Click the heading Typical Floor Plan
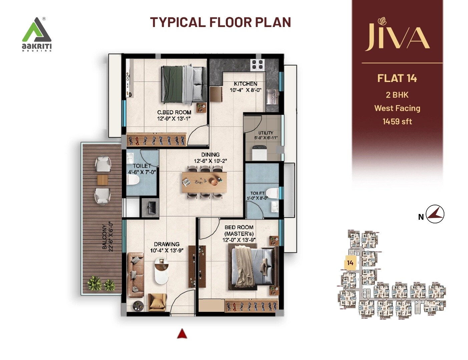(x=220, y=22)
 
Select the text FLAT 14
(x=397, y=78)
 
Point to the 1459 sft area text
(x=397, y=121)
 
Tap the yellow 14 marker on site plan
(x=350, y=263)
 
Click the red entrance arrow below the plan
(x=181, y=334)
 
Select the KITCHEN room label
(x=245, y=84)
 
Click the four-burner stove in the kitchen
(x=258, y=64)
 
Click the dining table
(x=204, y=182)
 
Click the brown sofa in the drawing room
(x=135, y=275)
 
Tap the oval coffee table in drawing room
(x=162, y=272)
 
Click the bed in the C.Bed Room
(x=184, y=84)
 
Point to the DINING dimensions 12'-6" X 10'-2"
(x=210, y=161)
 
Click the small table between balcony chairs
(x=102, y=180)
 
